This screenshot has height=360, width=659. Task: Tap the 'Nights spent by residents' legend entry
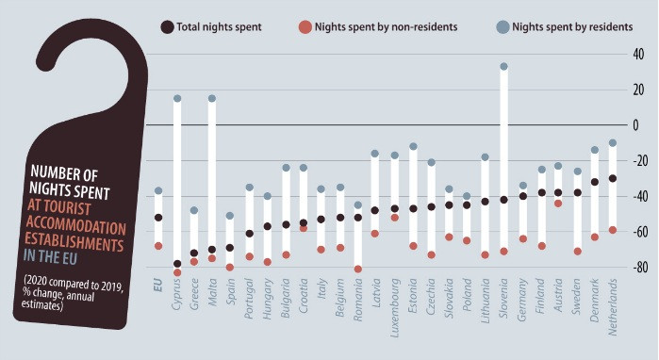click(x=564, y=27)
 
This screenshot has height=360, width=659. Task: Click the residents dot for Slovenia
click(x=503, y=67)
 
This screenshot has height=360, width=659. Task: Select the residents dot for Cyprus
click(x=177, y=98)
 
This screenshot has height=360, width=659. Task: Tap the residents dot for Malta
click(x=211, y=98)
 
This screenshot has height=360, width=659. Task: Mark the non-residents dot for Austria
click(x=558, y=203)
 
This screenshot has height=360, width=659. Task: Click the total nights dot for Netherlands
click(x=613, y=178)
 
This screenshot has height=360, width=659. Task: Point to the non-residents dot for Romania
click(x=358, y=269)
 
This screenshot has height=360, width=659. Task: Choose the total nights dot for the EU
click(x=158, y=218)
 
